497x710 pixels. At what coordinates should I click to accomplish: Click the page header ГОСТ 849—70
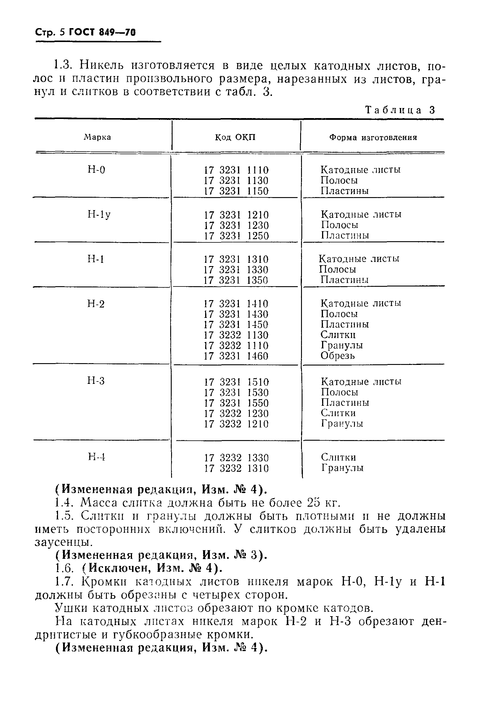click(x=102, y=32)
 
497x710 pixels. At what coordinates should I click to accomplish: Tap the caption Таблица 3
click(x=400, y=110)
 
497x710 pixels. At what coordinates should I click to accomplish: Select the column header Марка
click(x=97, y=137)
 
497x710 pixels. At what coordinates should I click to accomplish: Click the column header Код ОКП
click(x=235, y=137)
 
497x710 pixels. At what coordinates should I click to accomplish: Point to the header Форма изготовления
click(x=373, y=137)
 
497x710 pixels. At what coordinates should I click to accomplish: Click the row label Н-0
click(x=96, y=170)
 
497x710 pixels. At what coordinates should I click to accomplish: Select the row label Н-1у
click(x=99, y=214)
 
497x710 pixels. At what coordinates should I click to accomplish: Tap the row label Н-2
click(x=96, y=304)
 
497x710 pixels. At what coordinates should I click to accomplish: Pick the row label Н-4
click(x=96, y=457)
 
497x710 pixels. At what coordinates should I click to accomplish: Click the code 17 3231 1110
click(x=236, y=170)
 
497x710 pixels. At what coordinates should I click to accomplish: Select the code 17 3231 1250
click(x=236, y=236)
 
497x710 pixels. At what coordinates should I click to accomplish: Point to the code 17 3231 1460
click(x=236, y=356)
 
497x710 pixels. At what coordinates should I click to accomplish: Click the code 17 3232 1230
click(x=236, y=413)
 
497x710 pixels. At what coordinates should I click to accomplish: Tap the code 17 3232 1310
click(x=236, y=468)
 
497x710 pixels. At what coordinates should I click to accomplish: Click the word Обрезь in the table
click(x=337, y=356)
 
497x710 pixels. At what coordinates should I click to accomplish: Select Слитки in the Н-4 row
click(x=338, y=457)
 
